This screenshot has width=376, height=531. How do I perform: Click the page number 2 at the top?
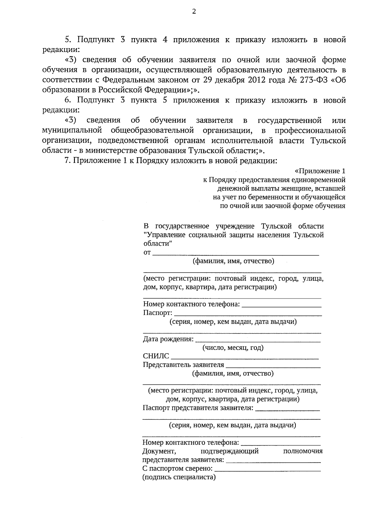coord(194,12)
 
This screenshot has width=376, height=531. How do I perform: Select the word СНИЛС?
coord(156,356)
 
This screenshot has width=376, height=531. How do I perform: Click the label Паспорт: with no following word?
coord(158,313)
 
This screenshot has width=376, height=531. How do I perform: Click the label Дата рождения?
coord(168,339)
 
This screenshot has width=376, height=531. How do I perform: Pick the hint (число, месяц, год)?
coord(233,348)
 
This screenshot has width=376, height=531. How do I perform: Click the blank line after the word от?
coord(236,254)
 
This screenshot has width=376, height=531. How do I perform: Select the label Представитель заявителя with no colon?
coord(183,365)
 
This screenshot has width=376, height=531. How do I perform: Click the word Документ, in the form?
coord(158,451)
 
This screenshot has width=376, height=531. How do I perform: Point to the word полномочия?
coord(303,451)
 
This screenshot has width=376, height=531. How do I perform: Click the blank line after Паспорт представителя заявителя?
coord(288,409)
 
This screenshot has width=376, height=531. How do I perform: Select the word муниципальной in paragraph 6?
coord(72,130)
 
